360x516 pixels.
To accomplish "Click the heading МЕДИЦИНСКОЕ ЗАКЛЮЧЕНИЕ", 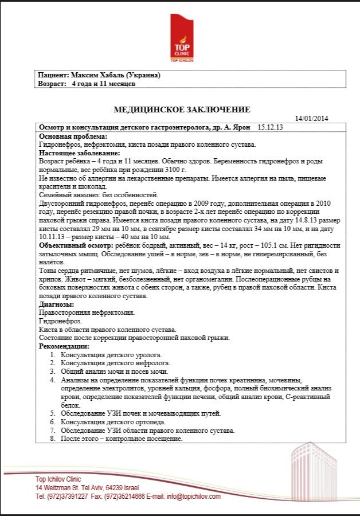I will (182, 110).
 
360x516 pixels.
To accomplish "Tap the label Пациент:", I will (54, 75).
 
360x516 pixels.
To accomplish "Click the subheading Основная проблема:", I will (73, 136).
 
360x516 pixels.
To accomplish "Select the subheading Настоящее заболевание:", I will (80, 153).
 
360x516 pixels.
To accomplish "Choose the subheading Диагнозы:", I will (56, 304).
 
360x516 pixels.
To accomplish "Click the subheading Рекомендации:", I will (64, 346).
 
